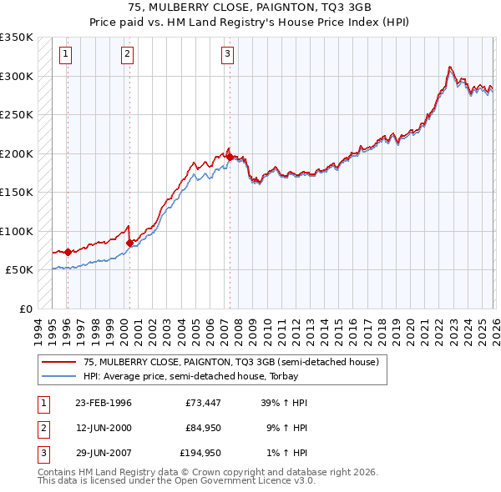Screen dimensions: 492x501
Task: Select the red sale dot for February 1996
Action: tap(68, 251)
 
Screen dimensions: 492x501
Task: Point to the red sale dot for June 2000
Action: tap(129, 243)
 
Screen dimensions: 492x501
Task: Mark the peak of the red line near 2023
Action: tap(449, 67)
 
